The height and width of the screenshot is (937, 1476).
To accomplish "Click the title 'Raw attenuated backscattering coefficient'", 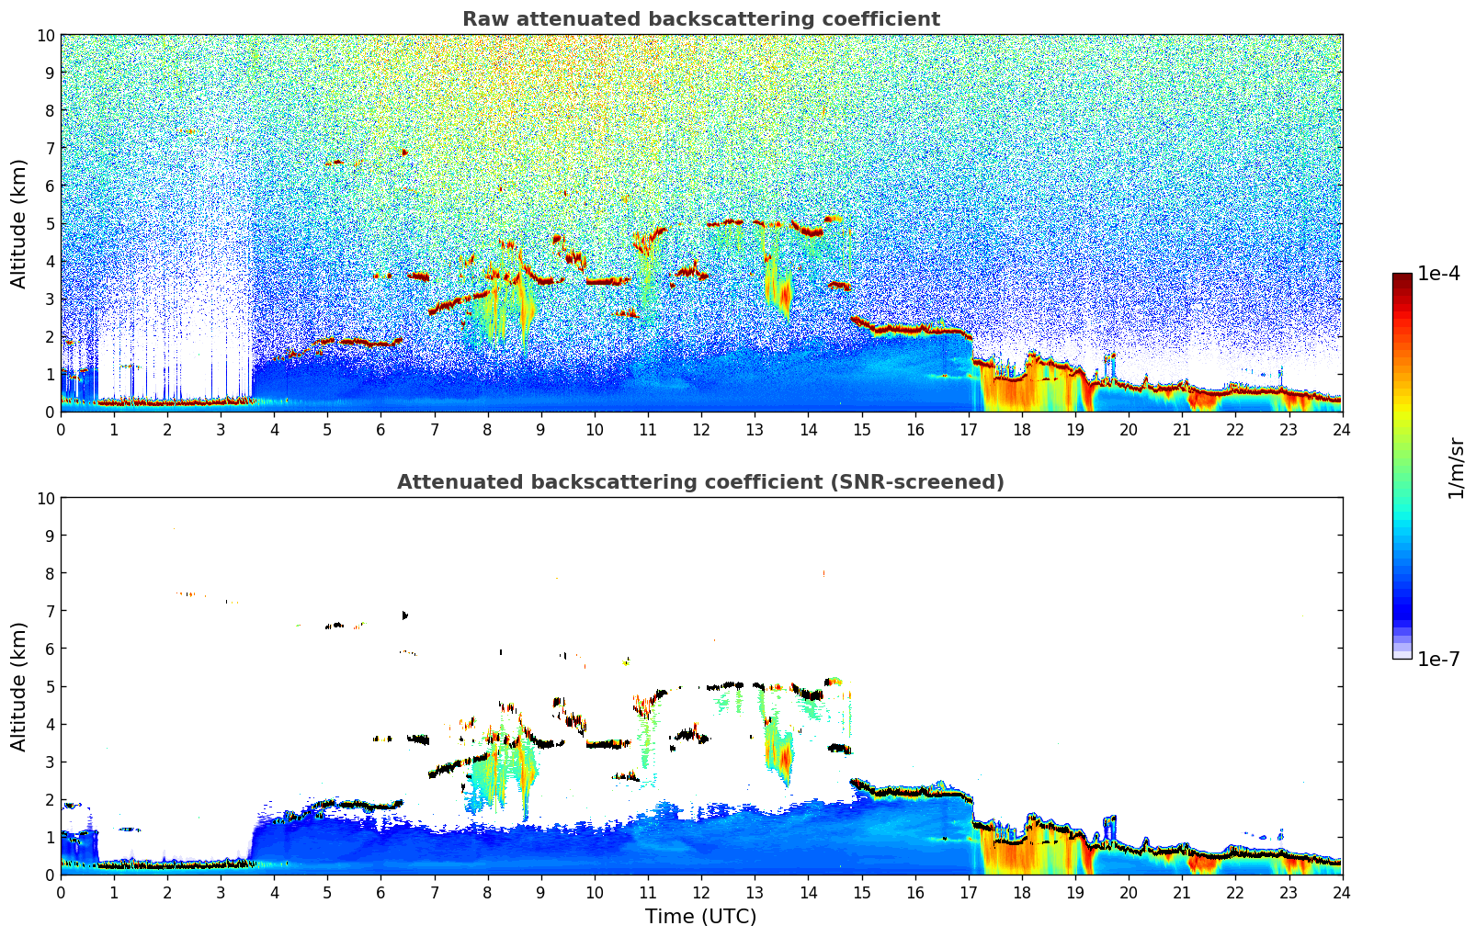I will click(700, 19).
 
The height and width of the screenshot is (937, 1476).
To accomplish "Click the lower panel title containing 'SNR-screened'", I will click(700, 482).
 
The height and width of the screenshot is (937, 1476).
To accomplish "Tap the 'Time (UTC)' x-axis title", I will click(700, 916).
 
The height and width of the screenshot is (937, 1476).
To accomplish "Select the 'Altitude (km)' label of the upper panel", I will click(18, 223).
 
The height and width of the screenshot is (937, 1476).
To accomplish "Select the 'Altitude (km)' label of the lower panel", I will click(18, 686).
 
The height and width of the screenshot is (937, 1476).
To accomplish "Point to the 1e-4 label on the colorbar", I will click(1438, 274).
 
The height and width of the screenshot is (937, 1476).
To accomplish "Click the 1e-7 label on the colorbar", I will click(1438, 659).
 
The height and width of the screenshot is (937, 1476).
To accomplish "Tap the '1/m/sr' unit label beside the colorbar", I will click(1455, 467).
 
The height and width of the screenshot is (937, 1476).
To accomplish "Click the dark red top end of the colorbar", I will click(1402, 277).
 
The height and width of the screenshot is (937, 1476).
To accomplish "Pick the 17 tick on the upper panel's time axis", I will click(969, 429).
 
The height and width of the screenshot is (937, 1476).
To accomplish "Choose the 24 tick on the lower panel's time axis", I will click(1342, 892).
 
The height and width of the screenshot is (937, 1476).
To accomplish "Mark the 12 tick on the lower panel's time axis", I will click(701, 892).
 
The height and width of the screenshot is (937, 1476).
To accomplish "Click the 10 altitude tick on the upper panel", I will click(46, 35).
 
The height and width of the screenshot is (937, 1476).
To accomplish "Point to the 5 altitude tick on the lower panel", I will click(51, 686).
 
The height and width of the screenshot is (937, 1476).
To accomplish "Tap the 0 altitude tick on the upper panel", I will click(51, 412).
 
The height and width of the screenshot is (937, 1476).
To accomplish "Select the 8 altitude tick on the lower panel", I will click(51, 573).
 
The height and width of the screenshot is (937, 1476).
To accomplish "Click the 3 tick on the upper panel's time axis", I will click(221, 429).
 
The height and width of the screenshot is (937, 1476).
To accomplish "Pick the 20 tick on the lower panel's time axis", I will click(1129, 892).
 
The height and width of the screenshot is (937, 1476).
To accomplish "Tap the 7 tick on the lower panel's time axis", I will click(435, 892).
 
